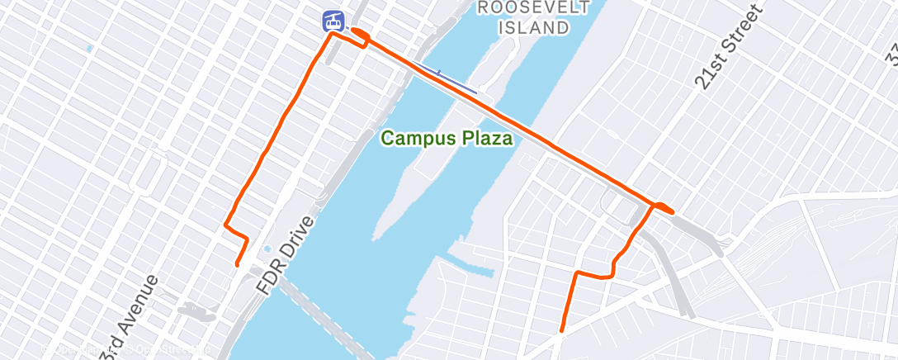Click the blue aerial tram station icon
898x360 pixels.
[333, 20]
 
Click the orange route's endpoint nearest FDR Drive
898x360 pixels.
[238, 264]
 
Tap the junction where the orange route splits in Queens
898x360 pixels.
[654, 206]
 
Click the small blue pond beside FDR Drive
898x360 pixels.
[266, 249]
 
